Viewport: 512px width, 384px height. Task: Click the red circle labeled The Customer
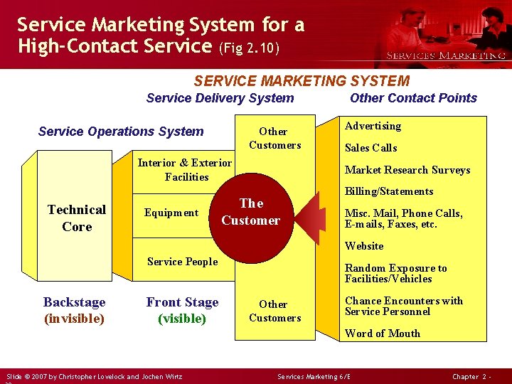250,213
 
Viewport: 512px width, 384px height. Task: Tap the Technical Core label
77,218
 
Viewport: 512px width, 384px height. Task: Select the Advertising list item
373,126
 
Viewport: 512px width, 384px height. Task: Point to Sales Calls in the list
370,148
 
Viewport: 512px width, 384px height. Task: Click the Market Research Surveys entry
407,170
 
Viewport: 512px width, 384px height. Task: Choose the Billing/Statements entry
388,191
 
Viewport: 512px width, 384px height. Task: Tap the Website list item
364,246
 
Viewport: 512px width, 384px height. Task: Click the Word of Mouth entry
382,334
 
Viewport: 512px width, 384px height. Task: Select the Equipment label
171,213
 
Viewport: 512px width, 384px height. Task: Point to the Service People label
182,262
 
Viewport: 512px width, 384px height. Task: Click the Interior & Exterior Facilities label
185,169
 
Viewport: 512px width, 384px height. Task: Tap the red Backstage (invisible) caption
74,310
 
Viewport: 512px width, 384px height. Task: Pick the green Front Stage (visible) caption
182,310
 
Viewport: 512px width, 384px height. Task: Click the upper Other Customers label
274,138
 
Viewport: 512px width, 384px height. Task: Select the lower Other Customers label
274,311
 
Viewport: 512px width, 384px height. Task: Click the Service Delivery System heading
220,98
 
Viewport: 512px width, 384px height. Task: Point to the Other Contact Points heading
413,98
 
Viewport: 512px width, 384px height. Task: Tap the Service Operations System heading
121,131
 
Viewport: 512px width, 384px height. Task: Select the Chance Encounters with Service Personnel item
403,306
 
